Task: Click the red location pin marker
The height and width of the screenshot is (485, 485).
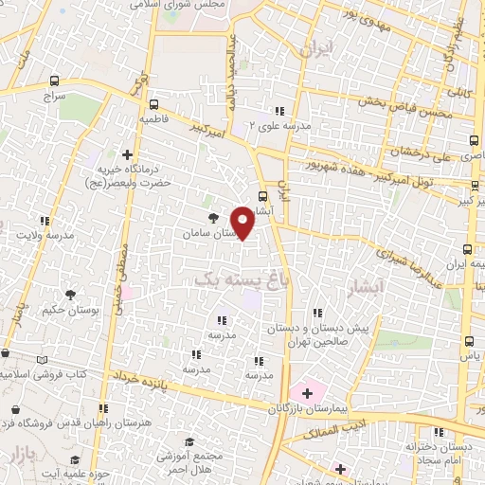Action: (x=242, y=223)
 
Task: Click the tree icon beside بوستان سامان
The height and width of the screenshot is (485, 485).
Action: (x=211, y=216)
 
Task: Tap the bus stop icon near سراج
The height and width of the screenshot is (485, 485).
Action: (x=54, y=81)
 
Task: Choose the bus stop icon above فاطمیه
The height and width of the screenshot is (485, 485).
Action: (x=153, y=105)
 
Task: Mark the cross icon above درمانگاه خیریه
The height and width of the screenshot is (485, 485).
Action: (x=128, y=153)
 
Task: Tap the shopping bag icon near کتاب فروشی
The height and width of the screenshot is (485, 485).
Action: (x=14, y=410)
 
